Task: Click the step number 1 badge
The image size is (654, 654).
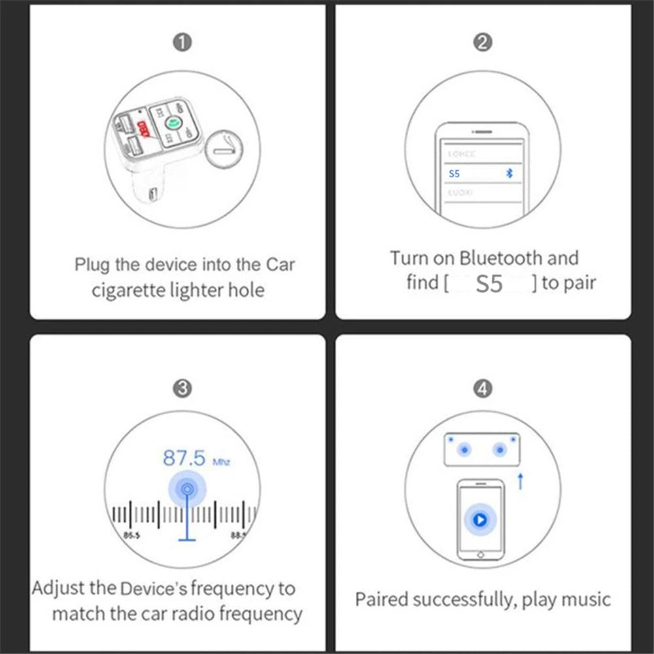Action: pyautogui.click(x=182, y=43)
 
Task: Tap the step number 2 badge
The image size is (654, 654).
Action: pyautogui.click(x=482, y=43)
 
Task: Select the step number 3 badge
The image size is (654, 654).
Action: pyautogui.click(x=182, y=388)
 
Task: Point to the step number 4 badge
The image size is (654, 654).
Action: pyautogui.click(x=482, y=388)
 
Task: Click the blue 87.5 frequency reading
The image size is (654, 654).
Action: pyautogui.click(x=184, y=457)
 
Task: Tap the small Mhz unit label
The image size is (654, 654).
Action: pyautogui.click(x=221, y=462)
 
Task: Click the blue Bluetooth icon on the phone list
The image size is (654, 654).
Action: pyautogui.click(x=511, y=173)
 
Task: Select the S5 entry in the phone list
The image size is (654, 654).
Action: pyautogui.click(x=455, y=174)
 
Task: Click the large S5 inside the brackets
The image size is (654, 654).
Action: pyautogui.click(x=489, y=284)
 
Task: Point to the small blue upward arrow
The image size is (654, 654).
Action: pyautogui.click(x=521, y=481)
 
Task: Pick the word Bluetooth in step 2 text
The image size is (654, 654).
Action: pyautogui.click(x=501, y=258)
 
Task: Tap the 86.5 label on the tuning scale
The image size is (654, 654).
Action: pyautogui.click(x=131, y=536)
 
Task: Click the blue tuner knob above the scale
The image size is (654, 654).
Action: pyautogui.click(x=188, y=489)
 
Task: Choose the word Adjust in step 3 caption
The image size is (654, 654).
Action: pyautogui.click(x=59, y=589)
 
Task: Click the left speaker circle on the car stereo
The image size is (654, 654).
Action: pyautogui.click(x=464, y=450)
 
